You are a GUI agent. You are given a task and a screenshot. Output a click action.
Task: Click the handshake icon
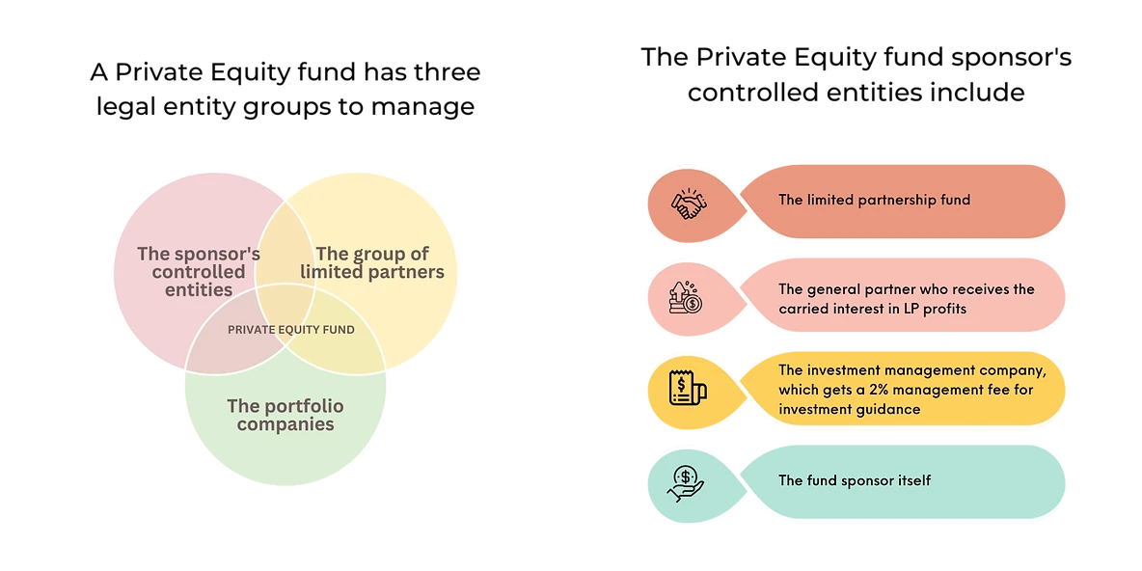pos(687,204)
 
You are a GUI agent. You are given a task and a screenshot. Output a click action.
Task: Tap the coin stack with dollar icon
pos(687,296)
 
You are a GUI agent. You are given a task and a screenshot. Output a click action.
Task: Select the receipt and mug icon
pos(688,390)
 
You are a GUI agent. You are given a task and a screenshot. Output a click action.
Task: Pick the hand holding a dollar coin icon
pos(686,481)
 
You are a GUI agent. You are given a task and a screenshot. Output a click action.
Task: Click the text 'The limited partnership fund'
pos(874,201)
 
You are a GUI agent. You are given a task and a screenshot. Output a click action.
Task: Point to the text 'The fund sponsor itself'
pos(855,480)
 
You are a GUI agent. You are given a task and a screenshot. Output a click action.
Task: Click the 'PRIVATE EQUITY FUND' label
pos(291,330)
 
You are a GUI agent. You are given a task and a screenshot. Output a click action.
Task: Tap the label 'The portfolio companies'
pos(285,415)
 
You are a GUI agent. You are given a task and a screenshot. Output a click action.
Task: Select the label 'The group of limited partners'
pos(372,262)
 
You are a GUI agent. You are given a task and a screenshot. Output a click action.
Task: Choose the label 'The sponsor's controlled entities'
pos(199,271)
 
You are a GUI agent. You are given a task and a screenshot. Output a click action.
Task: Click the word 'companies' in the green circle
pos(285,424)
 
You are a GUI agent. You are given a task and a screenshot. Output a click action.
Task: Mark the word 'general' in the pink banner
pos(836,289)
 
